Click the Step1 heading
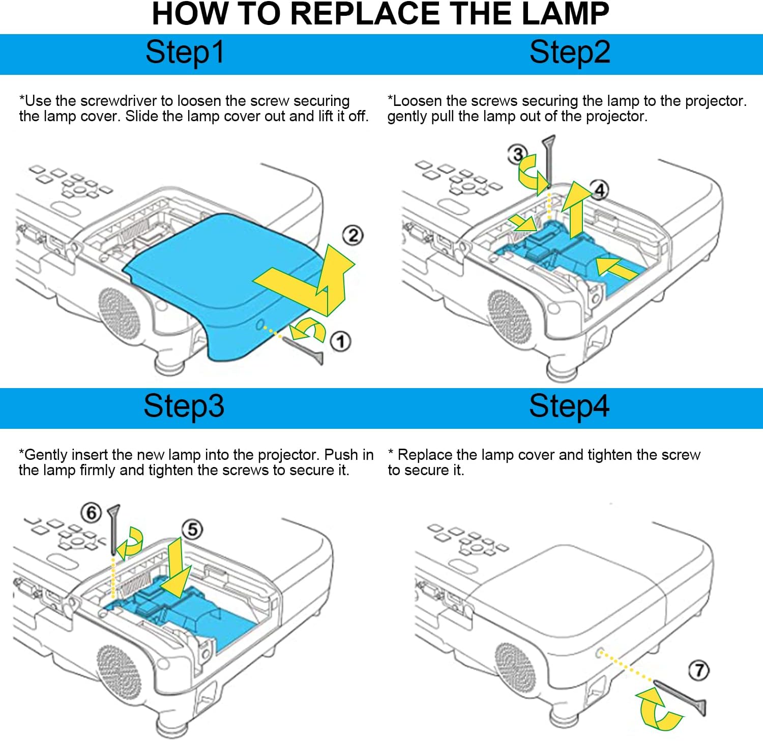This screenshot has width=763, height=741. pyautogui.click(x=185, y=52)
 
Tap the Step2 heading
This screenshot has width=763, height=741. pyautogui.click(x=570, y=52)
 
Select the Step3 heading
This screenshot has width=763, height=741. pyautogui.click(x=184, y=406)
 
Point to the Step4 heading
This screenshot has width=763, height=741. pyautogui.click(x=569, y=406)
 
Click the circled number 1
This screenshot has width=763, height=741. pyautogui.click(x=341, y=341)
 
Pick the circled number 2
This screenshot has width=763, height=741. pyautogui.click(x=353, y=235)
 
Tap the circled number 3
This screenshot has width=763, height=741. pyautogui.click(x=518, y=154)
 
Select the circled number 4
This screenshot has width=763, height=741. pyautogui.click(x=600, y=190)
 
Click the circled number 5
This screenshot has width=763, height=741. pyautogui.click(x=192, y=529)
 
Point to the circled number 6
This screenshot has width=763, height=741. pyautogui.click(x=92, y=512)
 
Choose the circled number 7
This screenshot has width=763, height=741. pyautogui.click(x=699, y=670)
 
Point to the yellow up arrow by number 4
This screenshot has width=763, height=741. pyautogui.click(x=576, y=209)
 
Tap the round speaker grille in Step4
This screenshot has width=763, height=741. pyautogui.click(x=515, y=667)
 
